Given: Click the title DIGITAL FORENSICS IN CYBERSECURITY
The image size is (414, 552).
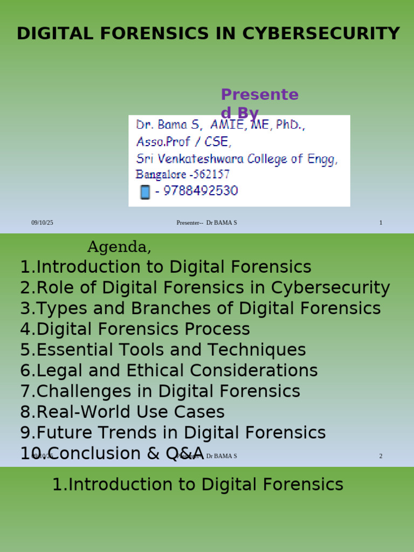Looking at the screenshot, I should tap(208, 33).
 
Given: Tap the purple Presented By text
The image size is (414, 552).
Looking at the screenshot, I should tap(259, 102).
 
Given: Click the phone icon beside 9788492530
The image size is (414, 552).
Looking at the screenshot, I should tap(144, 191).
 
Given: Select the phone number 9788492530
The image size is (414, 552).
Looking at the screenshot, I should tap(196, 191).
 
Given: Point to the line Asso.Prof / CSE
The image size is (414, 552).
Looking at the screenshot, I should tap(183, 142).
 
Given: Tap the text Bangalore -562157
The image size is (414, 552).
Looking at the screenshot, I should tap(183, 175).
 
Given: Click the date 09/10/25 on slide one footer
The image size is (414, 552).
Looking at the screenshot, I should tap(42, 223).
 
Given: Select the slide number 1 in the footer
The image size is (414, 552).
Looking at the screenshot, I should tap(381, 223).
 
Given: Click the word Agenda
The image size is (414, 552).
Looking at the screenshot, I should tap(119, 247).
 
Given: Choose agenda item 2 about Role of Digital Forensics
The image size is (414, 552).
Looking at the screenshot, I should tap(205, 288).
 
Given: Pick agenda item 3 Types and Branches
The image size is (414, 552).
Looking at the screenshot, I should tap(201, 308).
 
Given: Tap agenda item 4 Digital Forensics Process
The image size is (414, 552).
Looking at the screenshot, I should tap(135, 329).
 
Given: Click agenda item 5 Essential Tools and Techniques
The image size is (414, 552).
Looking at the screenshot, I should tap(163, 350).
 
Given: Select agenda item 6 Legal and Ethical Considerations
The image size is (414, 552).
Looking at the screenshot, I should tap(169, 370).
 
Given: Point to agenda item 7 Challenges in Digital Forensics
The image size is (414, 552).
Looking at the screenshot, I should tap(161, 391).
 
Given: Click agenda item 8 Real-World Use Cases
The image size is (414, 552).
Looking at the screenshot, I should tap(122, 412).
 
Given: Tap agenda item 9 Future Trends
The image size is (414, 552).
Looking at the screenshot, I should tap(173, 432).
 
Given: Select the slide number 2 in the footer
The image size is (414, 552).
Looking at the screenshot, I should tap(381, 456).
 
